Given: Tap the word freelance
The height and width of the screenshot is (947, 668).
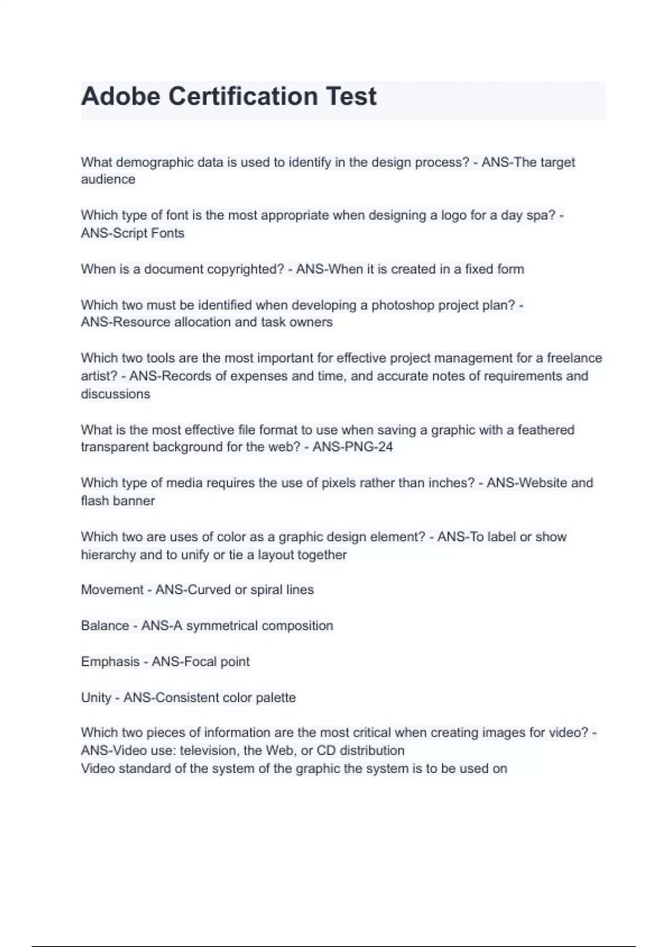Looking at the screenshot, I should (574, 358).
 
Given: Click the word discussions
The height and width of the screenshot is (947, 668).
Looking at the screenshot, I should (115, 394).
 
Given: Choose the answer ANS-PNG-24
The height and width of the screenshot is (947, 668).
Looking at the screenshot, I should (352, 447).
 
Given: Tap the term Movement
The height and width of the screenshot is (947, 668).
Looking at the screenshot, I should (112, 590).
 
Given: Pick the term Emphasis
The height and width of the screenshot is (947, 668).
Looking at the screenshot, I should (110, 662).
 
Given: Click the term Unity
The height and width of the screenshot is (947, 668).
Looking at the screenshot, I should (96, 697).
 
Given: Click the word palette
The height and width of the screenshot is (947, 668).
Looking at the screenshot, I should (276, 697).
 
